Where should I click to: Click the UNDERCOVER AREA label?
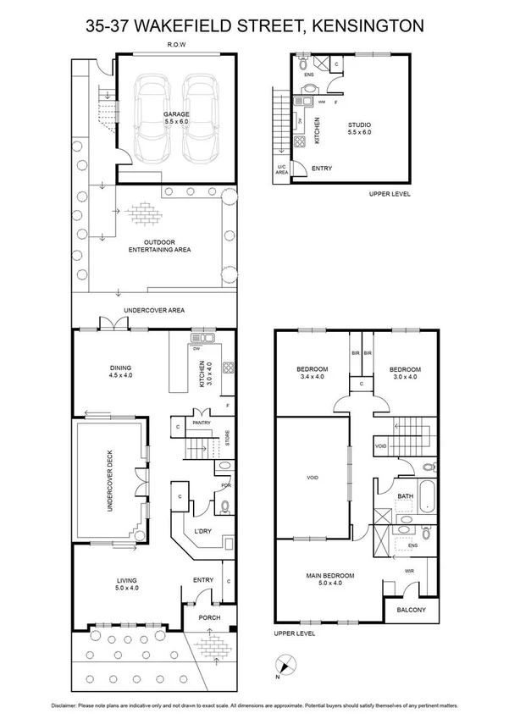154,311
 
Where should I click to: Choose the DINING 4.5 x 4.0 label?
120,370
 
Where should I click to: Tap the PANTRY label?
201,421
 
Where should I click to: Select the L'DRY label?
202,530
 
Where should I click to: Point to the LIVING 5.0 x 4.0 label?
126,583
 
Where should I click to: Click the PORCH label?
208,617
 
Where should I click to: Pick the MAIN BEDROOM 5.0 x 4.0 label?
330,579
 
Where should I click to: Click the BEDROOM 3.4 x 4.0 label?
312,373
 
